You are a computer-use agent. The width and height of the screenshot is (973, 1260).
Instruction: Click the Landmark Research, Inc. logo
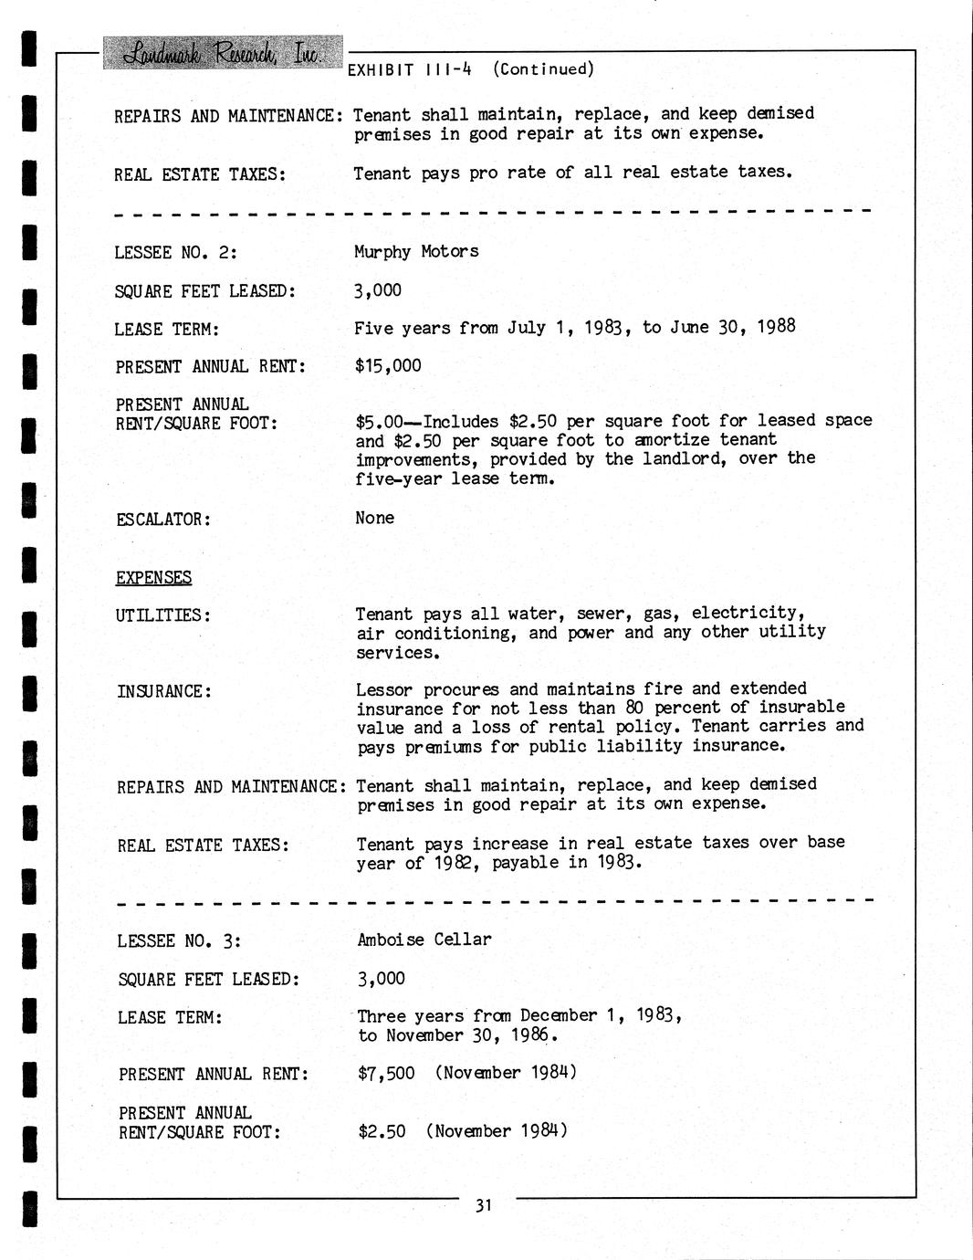pyautogui.click(x=223, y=53)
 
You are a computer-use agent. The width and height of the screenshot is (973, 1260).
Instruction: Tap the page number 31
pyautogui.click(x=484, y=1205)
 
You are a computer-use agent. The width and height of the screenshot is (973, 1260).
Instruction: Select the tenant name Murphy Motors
pyautogui.click(x=416, y=251)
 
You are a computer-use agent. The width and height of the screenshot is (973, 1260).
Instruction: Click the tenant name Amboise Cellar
pyautogui.click(x=424, y=940)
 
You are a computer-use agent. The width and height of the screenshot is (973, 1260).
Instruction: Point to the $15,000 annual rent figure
pyautogui.click(x=388, y=366)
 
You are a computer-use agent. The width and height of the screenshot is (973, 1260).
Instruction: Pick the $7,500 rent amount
pyautogui.click(x=386, y=1073)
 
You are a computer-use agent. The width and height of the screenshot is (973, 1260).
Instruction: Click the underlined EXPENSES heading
pyautogui.click(x=153, y=577)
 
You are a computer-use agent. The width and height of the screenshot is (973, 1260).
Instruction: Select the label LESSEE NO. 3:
pyautogui.click(x=179, y=941)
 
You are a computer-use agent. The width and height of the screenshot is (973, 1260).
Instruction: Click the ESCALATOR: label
pyautogui.click(x=163, y=520)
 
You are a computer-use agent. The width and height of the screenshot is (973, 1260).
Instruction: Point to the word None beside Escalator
pyautogui.click(x=375, y=518)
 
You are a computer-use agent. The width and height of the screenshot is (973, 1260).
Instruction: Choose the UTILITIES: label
pyautogui.click(x=163, y=615)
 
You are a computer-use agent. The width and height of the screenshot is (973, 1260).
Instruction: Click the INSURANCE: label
pyautogui.click(x=164, y=691)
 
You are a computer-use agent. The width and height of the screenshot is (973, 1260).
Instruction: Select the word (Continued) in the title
pyautogui.click(x=543, y=69)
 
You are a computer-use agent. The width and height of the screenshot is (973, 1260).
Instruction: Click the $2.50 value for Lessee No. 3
pyautogui.click(x=382, y=1131)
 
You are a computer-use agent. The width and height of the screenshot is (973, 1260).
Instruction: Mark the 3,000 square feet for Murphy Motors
pyautogui.click(x=378, y=290)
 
